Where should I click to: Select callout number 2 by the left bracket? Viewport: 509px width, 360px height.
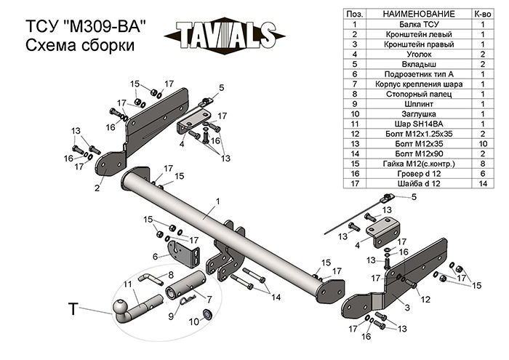(96, 188)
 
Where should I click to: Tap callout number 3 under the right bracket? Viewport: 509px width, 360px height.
(397, 309)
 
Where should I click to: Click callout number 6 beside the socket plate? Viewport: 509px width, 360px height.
(155, 256)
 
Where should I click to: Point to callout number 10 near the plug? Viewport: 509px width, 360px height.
(193, 321)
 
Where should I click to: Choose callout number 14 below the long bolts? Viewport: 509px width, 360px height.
(276, 297)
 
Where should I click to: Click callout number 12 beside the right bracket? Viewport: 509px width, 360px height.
(425, 300)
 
